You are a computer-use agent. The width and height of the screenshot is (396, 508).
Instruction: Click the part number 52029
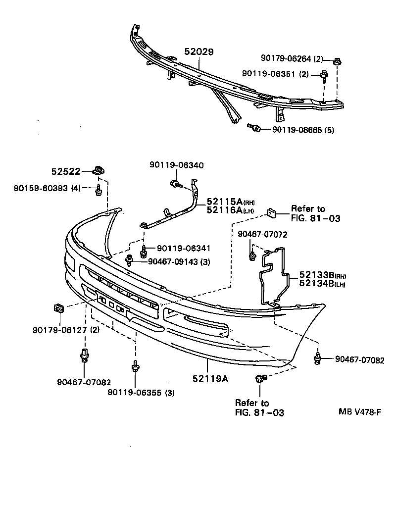pyautogui.click(x=199, y=51)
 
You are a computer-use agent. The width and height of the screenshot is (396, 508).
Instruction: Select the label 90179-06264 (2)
pyautogui.click(x=292, y=59)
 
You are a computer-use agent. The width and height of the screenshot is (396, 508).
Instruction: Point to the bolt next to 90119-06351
pyautogui.click(x=325, y=76)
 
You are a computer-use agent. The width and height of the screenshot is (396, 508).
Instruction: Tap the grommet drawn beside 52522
pyautogui.click(x=100, y=171)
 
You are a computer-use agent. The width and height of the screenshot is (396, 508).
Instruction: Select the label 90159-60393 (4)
pyautogui.click(x=48, y=188)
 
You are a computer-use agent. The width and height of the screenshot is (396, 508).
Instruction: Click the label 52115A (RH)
pyautogui.click(x=231, y=202)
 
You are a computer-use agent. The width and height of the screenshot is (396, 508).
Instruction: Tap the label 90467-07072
pyautogui.click(x=262, y=234)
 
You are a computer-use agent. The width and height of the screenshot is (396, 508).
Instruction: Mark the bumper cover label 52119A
pyautogui.click(x=210, y=379)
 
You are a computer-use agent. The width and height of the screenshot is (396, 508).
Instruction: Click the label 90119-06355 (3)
pyautogui.click(x=141, y=393)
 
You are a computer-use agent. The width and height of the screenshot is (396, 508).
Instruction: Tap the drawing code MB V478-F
pyautogui.click(x=360, y=411)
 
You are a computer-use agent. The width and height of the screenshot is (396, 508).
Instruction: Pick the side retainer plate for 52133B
pyautogui.click(x=275, y=275)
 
